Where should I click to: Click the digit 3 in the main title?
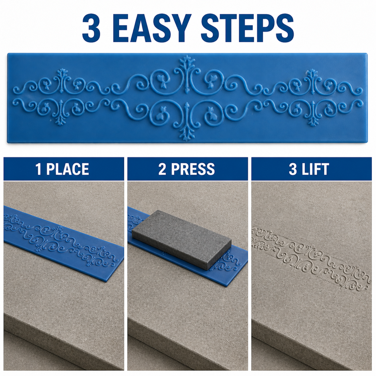click(91, 28)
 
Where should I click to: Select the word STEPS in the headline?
click(247, 28)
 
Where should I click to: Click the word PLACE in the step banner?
click(68, 169)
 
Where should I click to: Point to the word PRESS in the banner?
click(193, 169)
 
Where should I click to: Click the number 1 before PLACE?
click(38, 169)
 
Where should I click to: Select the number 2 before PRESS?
click(162, 169)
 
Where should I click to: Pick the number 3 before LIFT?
click(293, 169)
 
